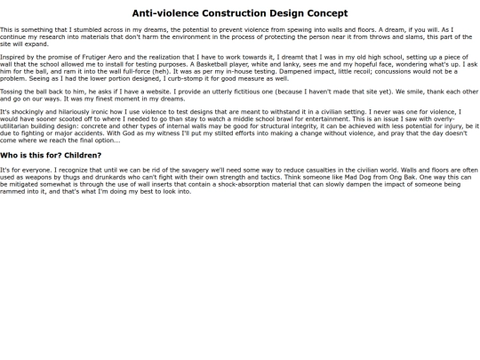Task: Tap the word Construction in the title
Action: tap(232, 13)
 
